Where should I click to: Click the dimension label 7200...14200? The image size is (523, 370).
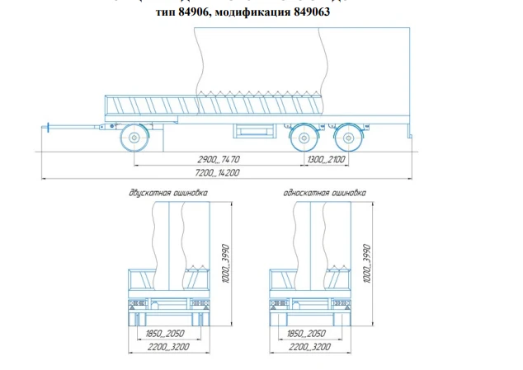[211, 173]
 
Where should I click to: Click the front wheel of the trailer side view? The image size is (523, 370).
[133, 136]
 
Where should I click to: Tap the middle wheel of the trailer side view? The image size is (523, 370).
[305, 136]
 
